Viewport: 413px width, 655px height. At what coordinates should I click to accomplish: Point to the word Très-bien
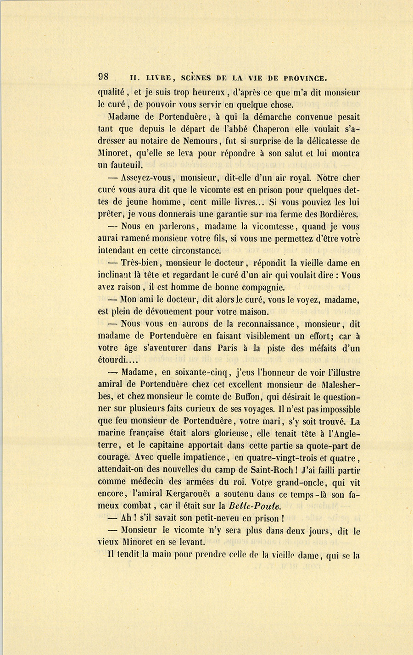pyautogui.click(x=140, y=263)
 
